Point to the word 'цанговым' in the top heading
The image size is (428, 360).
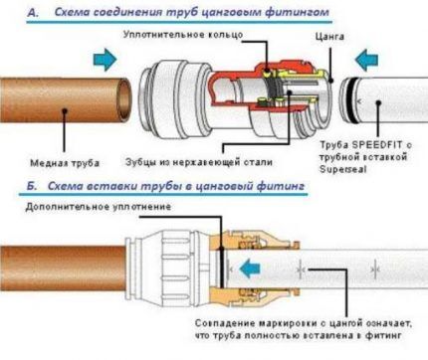pos(228,11)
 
